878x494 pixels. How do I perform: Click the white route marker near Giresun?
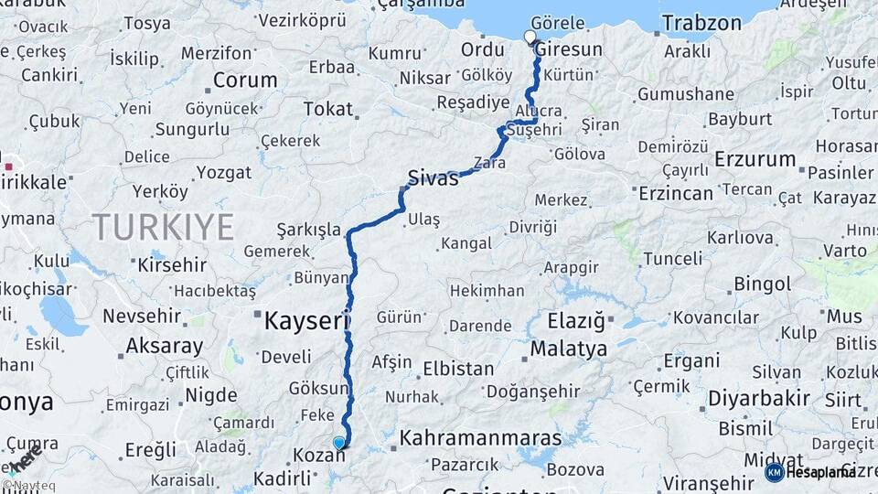coord(530,38)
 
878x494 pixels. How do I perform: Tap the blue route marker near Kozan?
coord(339,444)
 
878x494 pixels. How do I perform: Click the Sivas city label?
coord(433,177)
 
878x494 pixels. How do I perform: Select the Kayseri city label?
coord(307,321)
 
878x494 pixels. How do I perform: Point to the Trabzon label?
coord(701,23)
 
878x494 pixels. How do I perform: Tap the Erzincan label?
coord(676,194)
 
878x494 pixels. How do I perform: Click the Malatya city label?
coord(568,349)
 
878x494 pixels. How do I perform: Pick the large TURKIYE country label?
coord(163,226)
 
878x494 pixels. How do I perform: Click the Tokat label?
coord(327,109)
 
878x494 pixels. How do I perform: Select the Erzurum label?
coord(755,159)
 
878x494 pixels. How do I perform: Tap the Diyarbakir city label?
coord(758,399)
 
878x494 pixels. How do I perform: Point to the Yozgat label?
coord(223,172)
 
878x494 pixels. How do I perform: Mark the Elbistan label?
coord(458,370)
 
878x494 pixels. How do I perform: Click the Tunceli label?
coord(672,259)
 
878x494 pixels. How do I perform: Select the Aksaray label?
coord(165,346)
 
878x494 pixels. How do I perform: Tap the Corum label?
coord(244,81)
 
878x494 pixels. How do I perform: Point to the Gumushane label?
coord(686,94)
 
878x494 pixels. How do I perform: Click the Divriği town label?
coord(532,227)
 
